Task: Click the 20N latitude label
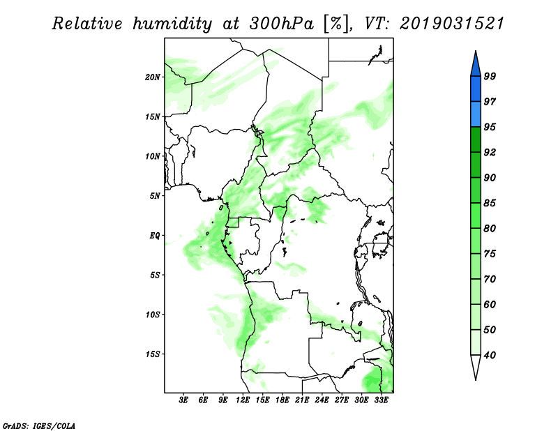point(153,77)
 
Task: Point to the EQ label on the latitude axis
point(155,236)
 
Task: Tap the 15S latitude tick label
point(153,354)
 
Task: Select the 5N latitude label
point(155,196)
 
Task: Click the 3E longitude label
point(183,400)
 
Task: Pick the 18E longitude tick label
point(282,400)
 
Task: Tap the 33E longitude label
point(381,400)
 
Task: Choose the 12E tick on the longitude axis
point(242,400)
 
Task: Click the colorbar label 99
point(490,76)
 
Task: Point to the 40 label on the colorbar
point(490,355)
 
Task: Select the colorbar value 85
point(490,203)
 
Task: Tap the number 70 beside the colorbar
point(490,279)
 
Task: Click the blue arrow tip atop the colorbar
point(476,52)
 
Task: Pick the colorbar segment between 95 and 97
point(476,114)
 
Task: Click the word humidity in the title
point(172,24)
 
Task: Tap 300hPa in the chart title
point(282,24)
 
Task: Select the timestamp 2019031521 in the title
point(452,24)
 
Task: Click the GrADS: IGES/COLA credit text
point(39,425)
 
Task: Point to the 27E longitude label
point(341,400)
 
